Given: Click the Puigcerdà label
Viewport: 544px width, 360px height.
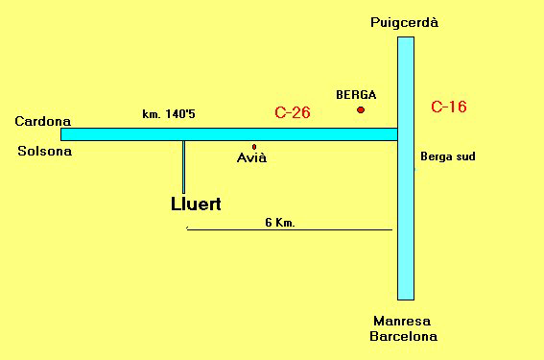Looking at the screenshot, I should pyautogui.click(x=405, y=22).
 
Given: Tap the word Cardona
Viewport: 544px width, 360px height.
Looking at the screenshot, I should pyautogui.click(x=42, y=121).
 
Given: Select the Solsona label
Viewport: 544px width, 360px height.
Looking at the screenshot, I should pyautogui.click(x=44, y=151).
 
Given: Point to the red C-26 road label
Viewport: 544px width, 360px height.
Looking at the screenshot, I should pyautogui.click(x=292, y=112).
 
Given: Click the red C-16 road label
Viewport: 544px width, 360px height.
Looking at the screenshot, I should pyautogui.click(x=449, y=107).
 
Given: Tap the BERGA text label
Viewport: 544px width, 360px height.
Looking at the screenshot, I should pyautogui.click(x=356, y=95).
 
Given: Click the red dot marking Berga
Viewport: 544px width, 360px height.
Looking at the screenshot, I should pyautogui.click(x=361, y=109).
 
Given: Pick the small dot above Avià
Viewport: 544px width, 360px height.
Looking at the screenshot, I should pyautogui.click(x=254, y=146).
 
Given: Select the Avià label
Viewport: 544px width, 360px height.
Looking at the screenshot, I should pyautogui.click(x=251, y=157).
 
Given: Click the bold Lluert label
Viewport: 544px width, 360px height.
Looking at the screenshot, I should pyautogui.click(x=195, y=204).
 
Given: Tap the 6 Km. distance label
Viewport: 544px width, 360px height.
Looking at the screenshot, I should pyautogui.click(x=279, y=222).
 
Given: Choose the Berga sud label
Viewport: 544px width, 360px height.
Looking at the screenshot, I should pyautogui.click(x=448, y=156).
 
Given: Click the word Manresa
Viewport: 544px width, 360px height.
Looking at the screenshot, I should pyautogui.click(x=404, y=321).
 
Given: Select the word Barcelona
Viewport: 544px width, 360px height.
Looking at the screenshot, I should pyautogui.click(x=404, y=336).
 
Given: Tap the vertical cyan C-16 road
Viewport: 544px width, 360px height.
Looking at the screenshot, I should pyautogui.click(x=406, y=230).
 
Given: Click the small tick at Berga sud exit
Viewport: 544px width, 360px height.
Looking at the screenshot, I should pyautogui.click(x=415, y=170).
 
